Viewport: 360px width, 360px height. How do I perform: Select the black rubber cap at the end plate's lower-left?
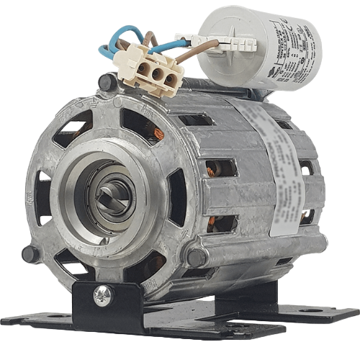coord(30,254)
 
